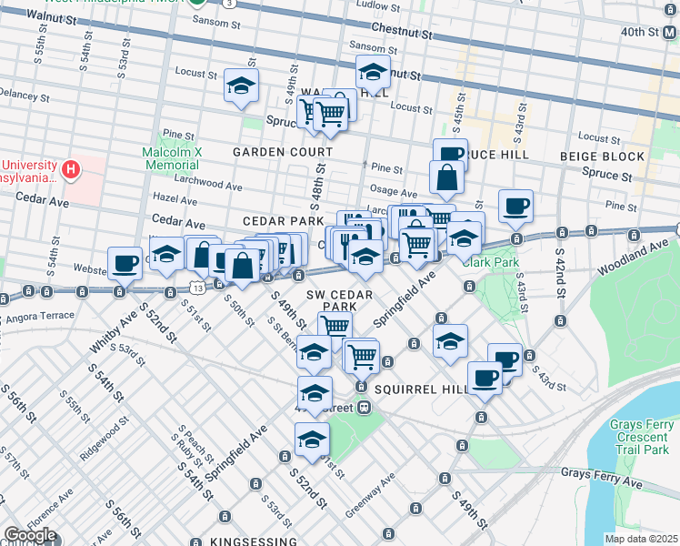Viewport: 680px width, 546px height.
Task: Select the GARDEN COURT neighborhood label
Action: (274, 151)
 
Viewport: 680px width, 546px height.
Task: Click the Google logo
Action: (30, 536)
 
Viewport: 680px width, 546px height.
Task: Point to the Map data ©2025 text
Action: (641, 539)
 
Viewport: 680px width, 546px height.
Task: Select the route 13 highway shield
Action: (197, 288)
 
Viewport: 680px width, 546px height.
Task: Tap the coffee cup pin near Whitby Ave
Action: (125, 263)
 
